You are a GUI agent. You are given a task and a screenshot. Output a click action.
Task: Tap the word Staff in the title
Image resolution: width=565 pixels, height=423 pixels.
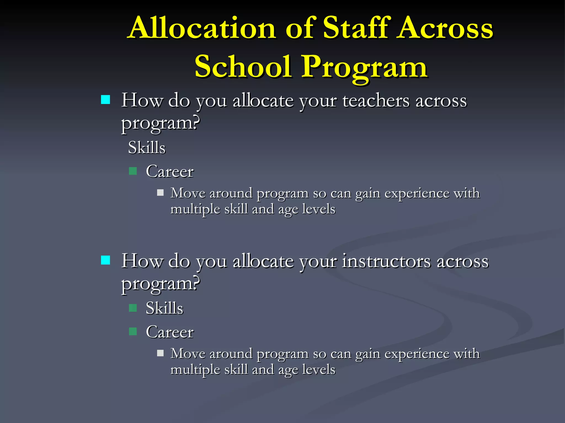pyautogui.click(x=357, y=28)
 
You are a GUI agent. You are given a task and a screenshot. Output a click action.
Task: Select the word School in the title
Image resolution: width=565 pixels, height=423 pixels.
pyautogui.click(x=243, y=67)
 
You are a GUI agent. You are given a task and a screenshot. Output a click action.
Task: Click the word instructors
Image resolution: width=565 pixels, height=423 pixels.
pyautogui.click(x=386, y=261)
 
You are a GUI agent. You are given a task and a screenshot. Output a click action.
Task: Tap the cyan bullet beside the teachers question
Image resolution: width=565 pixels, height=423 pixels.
pyautogui.click(x=105, y=100)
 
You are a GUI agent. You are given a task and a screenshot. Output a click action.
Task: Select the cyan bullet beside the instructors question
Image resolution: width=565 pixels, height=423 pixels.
pyautogui.click(x=105, y=260)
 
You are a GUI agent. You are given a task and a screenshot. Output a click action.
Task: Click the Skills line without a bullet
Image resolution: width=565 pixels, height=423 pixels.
pyautogui.click(x=147, y=148)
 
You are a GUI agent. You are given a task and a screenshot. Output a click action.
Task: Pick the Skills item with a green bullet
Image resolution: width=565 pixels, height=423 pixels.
pyautogui.click(x=164, y=308)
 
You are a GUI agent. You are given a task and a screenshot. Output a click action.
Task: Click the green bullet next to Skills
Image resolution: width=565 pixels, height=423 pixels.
pyautogui.click(x=133, y=308)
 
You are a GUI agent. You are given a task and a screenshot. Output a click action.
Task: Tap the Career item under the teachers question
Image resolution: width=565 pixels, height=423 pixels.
pyautogui.click(x=170, y=172)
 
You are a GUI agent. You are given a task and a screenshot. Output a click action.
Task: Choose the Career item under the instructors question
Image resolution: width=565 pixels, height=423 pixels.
pyautogui.click(x=170, y=332)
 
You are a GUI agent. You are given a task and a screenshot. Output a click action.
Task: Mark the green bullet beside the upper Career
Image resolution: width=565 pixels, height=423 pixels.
pyautogui.click(x=133, y=171)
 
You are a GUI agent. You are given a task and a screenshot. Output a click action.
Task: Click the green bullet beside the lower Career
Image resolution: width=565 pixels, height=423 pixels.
pyautogui.click(x=133, y=332)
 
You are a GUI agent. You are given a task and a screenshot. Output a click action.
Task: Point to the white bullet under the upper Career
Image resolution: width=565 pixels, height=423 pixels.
pyautogui.click(x=160, y=192)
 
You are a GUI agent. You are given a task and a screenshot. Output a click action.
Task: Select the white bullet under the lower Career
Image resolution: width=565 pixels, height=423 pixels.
pyautogui.click(x=160, y=353)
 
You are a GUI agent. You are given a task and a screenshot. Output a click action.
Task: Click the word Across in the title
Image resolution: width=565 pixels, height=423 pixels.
pyautogui.click(x=445, y=28)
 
